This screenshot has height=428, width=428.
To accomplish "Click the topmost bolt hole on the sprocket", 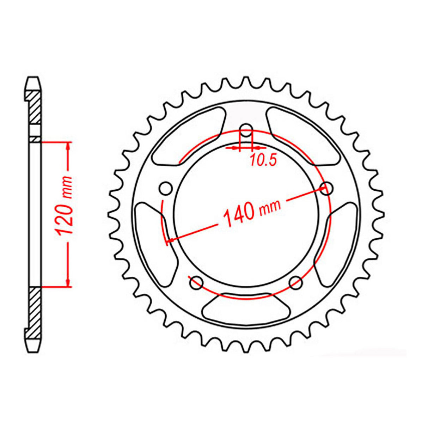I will point(246,128).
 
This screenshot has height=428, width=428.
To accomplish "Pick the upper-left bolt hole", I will point(165,189).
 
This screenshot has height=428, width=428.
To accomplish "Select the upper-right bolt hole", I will point(327,188).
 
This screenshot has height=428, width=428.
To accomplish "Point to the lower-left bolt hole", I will point(196,282).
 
